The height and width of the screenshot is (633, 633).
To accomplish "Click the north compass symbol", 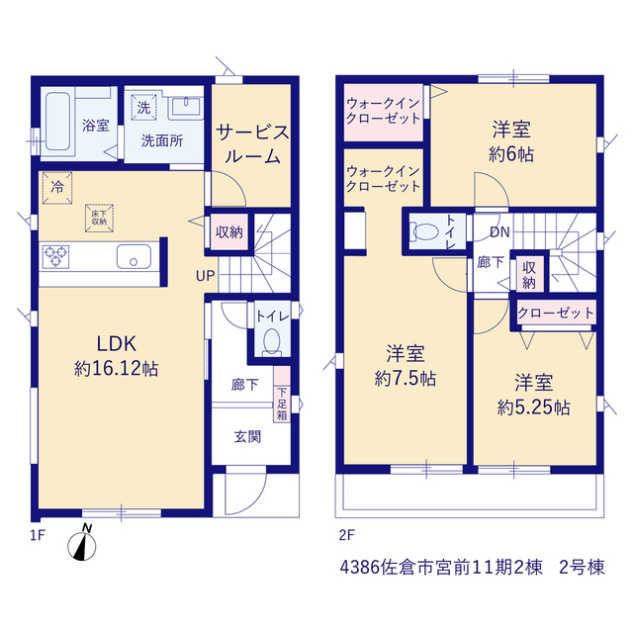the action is pos(82,545).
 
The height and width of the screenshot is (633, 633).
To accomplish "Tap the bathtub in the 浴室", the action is pos(57,122).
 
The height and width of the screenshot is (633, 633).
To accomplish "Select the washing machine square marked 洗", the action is pos(143,108).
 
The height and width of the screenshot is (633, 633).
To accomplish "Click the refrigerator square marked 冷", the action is pos(57,188).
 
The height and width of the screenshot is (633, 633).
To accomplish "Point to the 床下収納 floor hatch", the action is pos(99,218).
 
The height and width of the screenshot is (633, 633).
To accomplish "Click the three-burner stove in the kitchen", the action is pos(55,257).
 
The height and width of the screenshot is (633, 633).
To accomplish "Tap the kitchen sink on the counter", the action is pos(135,256).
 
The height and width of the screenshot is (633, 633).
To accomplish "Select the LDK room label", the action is pos(117,344).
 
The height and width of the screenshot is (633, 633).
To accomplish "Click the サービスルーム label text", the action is pos(252,144).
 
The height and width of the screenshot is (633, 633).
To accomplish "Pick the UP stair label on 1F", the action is pos(205,276).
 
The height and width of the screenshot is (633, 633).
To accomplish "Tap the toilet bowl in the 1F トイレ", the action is pos(272,342).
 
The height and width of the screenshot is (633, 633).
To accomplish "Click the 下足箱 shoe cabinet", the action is pos(282,395).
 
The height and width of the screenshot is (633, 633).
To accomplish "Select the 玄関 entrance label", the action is pos(247,436).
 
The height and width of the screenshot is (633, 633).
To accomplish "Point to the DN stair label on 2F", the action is pos(499,231).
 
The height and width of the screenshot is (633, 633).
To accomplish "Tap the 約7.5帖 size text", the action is pos(405,379).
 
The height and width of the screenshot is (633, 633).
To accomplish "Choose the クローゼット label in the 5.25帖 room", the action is pos(556,313).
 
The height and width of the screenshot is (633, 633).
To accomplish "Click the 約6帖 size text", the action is pos(511,154).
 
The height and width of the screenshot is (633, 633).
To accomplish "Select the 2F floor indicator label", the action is pos(346,535).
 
